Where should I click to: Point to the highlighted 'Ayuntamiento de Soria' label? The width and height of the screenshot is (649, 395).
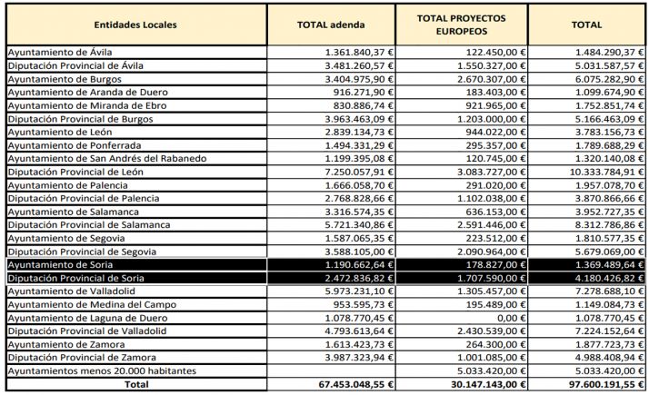60,263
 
